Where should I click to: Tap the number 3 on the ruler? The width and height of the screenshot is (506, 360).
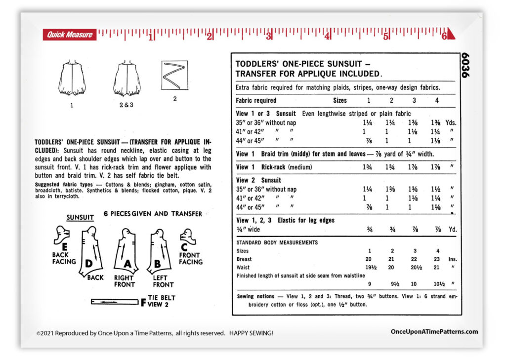[269, 37]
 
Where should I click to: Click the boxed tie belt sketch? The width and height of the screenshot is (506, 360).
[174, 75]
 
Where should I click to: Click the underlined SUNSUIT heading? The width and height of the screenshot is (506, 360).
[80, 217]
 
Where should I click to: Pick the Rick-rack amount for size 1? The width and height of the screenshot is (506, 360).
[368, 167]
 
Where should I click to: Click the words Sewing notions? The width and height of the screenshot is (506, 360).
[255, 296]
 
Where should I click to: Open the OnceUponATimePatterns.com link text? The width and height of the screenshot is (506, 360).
[434, 332]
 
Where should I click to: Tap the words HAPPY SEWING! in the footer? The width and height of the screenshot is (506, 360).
[251, 333]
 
